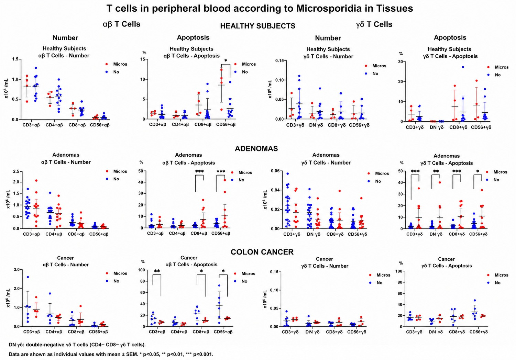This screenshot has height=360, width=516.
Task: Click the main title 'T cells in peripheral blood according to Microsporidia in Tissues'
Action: click(260, 9)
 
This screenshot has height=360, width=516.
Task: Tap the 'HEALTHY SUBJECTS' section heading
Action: click(257, 26)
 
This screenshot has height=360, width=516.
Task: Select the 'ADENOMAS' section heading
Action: click(256, 148)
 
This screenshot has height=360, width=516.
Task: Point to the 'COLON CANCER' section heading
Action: click(262, 252)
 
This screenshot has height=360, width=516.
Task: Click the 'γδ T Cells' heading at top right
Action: click(374, 24)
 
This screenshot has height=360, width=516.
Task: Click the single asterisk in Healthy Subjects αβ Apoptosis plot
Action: click(226, 61)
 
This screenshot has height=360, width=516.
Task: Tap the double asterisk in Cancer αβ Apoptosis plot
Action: click(157, 271)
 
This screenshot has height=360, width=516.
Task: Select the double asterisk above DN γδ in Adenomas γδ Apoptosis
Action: click(436, 171)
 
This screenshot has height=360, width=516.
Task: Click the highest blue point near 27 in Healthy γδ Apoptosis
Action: click(463, 67)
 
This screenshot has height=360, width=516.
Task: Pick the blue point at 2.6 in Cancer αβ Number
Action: click(28, 277)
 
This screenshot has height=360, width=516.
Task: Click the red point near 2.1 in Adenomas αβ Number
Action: click(36, 180)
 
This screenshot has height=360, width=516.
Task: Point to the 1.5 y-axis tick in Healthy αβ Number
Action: click(15, 59)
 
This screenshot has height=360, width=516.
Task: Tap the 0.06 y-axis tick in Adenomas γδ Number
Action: click(275, 171)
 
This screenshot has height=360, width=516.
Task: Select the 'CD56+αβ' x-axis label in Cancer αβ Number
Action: click(98, 332)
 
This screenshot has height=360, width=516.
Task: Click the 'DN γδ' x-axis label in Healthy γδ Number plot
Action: click(316, 125)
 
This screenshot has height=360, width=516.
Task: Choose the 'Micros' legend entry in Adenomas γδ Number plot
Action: click(382, 173)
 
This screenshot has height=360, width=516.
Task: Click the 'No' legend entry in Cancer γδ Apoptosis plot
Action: click(497, 283)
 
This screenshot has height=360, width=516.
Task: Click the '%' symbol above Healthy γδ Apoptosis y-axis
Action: click(401, 54)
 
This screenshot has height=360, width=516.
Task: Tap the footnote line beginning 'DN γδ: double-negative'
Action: click(77, 345)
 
